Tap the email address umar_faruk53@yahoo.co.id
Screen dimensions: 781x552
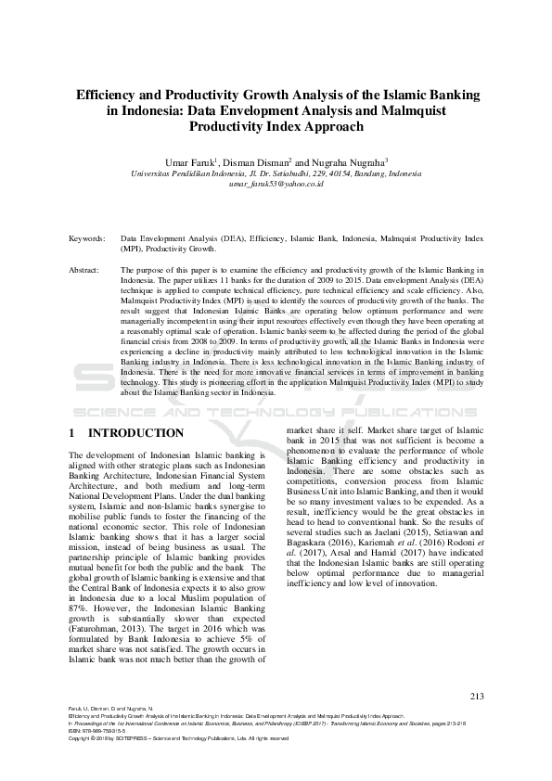coord(276,184)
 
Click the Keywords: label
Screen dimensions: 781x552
coord(87,238)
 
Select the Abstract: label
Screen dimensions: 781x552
coord(85,270)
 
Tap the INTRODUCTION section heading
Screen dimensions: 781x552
coord(135,433)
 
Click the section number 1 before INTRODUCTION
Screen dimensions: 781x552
coord(72,433)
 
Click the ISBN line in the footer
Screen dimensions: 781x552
coord(94,732)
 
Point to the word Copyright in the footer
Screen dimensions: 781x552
coord(81,738)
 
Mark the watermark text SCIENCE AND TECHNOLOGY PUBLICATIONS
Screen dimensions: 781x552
coord(276,411)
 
